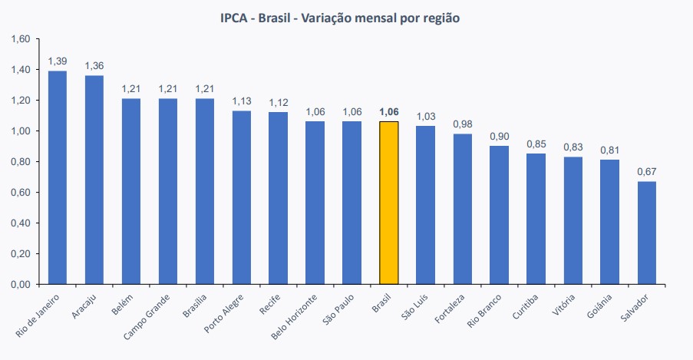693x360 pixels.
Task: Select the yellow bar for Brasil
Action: [389, 203]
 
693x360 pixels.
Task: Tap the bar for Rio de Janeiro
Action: [58, 177]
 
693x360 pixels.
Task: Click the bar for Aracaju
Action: [94, 180]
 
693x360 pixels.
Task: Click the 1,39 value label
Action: [58, 60]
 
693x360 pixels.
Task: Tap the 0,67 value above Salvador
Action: [647, 170]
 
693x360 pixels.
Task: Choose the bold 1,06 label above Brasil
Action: [389, 111]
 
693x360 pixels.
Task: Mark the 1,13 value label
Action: [242, 101]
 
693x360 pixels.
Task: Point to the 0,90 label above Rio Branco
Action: [500, 136]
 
